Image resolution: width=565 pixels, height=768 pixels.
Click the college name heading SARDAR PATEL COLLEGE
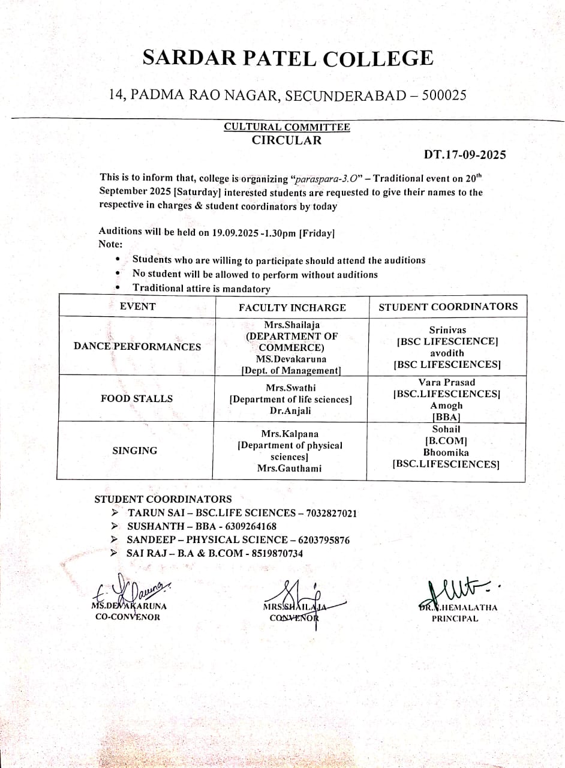tap(287, 58)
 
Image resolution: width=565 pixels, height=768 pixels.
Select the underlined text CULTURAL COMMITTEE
tap(287, 127)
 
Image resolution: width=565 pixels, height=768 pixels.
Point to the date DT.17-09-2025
tap(465, 155)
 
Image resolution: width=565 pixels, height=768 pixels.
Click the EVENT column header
tap(137, 306)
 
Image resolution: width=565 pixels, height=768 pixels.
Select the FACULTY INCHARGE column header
tap(292, 308)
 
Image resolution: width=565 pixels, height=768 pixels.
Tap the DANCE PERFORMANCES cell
tap(137, 346)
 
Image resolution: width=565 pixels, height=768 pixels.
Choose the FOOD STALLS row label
tap(136, 398)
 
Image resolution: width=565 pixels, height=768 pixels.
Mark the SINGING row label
tap(135, 451)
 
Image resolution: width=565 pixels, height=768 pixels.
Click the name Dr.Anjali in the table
tap(290, 411)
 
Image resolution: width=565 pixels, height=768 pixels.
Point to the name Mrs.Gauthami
tap(289, 468)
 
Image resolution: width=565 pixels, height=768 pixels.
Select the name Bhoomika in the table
tap(446, 452)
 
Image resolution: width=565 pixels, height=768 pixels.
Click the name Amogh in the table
tap(446, 406)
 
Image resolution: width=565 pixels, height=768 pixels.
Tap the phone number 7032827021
tap(332, 514)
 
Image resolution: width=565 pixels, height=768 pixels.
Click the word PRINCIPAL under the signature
tap(455, 619)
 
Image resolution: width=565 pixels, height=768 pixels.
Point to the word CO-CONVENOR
tap(128, 617)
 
